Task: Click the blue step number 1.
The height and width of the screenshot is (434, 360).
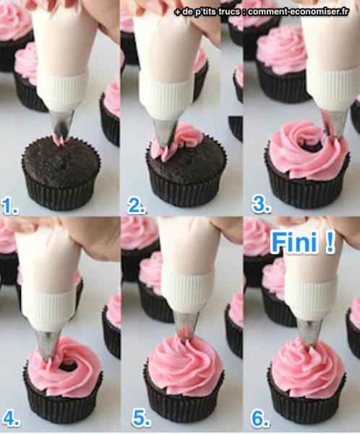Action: point(9,207)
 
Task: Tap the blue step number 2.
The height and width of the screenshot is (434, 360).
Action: point(137,206)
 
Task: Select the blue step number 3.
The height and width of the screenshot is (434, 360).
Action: point(261,205)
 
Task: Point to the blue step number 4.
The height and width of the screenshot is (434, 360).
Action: point(11,418)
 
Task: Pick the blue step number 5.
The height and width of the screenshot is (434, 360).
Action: point(142,419)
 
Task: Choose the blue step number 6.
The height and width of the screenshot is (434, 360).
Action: point(261,419)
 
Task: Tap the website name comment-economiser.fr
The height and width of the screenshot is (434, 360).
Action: point(298,12)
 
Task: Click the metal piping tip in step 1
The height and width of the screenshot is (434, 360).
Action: point(63,124)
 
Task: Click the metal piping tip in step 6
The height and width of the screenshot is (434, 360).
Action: point(309,331)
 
